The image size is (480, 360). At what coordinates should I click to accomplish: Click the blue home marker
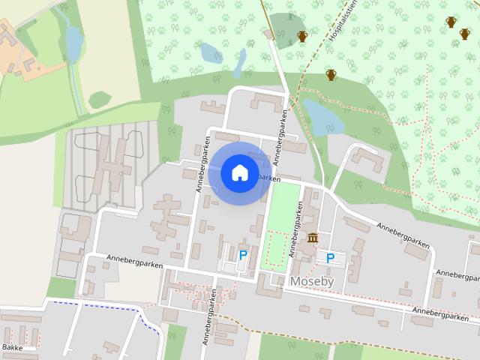[x=239, y=173]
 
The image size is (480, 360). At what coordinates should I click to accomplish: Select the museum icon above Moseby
[x=312, y=238]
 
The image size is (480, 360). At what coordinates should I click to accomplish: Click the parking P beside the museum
[x=330, y=258]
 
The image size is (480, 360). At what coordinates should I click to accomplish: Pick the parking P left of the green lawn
[x=243, y=256]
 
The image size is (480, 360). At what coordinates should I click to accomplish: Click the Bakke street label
[x=11, y=348]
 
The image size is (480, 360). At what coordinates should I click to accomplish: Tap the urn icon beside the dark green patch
[x=303, y=36]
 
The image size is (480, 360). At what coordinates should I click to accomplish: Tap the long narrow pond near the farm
[x=73, y=43]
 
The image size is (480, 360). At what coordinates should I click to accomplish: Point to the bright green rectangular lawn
[x=283, y=206]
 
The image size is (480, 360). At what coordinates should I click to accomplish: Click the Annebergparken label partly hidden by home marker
[x=268, y=179]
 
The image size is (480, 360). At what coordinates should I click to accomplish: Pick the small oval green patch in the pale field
[x=100, y=99]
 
